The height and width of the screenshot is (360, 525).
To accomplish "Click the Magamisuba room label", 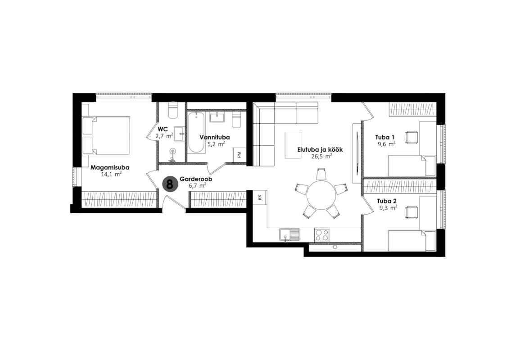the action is pos(110,167).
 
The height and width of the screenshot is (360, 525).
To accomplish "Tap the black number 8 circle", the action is pos(170,184).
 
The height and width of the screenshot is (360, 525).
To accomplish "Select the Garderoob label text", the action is pos(196,179).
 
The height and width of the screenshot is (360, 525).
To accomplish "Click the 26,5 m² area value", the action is pos(321,156).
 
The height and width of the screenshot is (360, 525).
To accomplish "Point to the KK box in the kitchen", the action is pos(260,197).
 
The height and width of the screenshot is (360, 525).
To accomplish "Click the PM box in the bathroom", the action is pos(239,155).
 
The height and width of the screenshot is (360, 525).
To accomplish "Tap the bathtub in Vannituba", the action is pos(196,133).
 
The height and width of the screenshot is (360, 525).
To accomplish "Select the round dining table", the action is pos(321,195).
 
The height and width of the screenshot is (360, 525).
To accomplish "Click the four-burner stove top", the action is pos(321,234).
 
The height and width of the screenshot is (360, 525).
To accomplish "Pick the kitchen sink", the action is pos(290,234).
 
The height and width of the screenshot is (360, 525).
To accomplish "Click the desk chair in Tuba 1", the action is pos(411,137).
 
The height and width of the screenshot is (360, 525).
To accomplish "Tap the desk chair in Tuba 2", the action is pos(411,213).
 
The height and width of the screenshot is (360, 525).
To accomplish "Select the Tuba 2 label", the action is pos(387,201).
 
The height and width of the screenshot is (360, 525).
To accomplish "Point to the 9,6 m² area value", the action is pos(386,144).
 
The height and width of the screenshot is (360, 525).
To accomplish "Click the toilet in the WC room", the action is pos(173,110).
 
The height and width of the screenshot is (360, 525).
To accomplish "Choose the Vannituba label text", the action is pos(215,137).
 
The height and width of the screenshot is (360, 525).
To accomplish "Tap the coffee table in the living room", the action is pos(293,145).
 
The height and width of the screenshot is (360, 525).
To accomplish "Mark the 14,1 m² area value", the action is pos(111,174).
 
